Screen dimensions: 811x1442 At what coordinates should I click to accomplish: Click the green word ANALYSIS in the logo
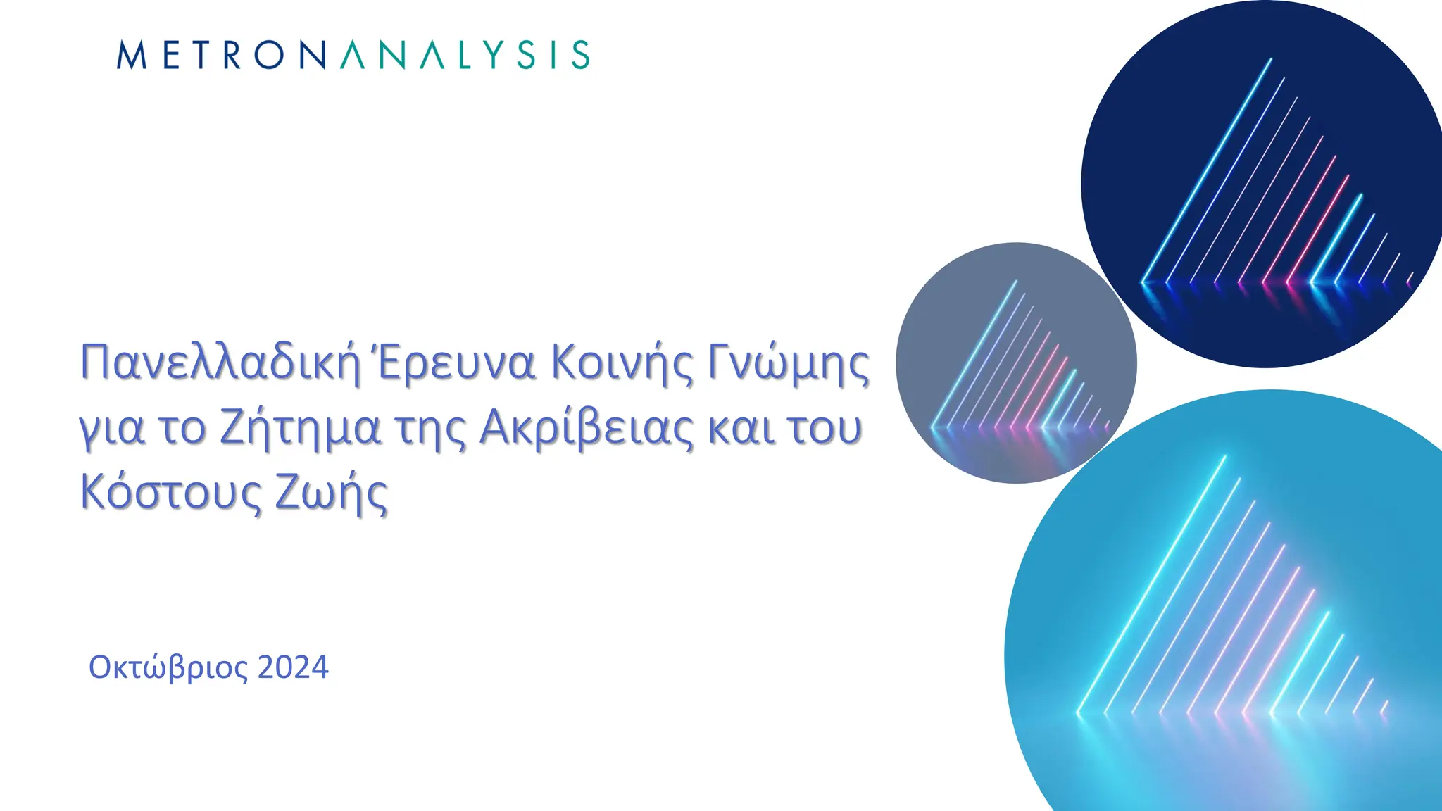[x=465, y=55]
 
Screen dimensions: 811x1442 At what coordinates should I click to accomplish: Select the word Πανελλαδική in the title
[x=220, y=363]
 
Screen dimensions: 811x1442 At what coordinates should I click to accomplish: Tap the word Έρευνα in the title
[x=454, y=363]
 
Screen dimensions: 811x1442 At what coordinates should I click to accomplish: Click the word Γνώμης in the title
[x=789, y=363]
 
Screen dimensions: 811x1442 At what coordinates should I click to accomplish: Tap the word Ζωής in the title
[x=331, y=493]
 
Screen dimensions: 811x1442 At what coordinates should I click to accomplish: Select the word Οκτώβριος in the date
[x=168, y=667]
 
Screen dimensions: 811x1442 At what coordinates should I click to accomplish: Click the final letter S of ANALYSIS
[x=580, y=55]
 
